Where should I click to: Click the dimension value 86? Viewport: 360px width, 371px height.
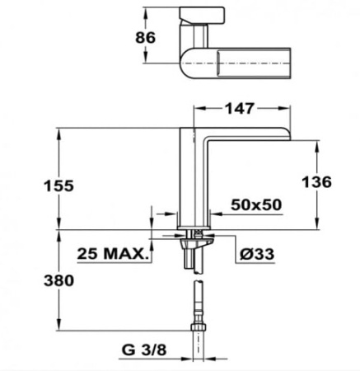(145, 37)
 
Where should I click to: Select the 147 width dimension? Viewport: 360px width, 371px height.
(240, 108)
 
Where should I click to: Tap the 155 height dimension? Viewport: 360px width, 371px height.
(59, 185)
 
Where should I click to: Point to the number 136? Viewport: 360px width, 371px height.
(316, 182)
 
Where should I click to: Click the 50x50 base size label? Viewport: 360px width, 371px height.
(256, 204)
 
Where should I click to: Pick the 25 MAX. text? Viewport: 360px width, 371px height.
(112, 253)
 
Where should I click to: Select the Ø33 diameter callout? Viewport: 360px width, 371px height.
(257, 254)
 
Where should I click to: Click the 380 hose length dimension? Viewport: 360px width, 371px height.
(59, 280)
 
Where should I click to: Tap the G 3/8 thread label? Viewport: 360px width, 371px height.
(144, 350)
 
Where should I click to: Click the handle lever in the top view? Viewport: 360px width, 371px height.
(202, 15)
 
